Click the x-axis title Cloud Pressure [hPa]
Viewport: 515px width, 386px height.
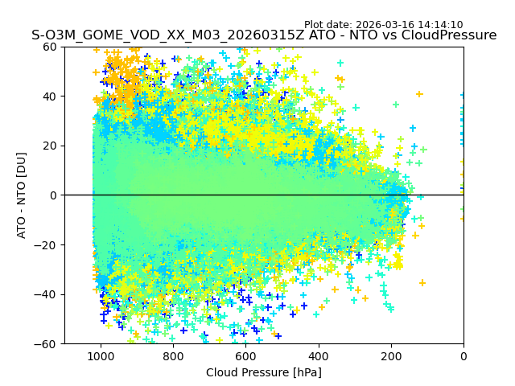(x=264, y=372)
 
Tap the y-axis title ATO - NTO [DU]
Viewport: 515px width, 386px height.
(x=22, y=195)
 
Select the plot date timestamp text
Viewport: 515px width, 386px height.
(x=383, y=25)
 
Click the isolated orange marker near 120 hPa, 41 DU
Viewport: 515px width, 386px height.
(x=419, y=94)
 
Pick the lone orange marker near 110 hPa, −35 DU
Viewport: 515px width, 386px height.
(x=422, y=282)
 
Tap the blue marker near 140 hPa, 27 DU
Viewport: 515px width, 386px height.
(x=413, y=128)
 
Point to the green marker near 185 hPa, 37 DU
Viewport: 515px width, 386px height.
(x=396, y=105)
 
